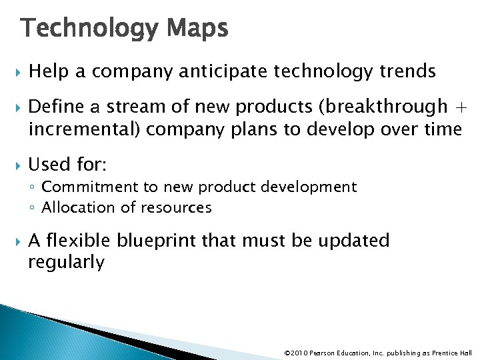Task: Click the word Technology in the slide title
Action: pos(87,29)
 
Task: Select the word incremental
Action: pos(75,129)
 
